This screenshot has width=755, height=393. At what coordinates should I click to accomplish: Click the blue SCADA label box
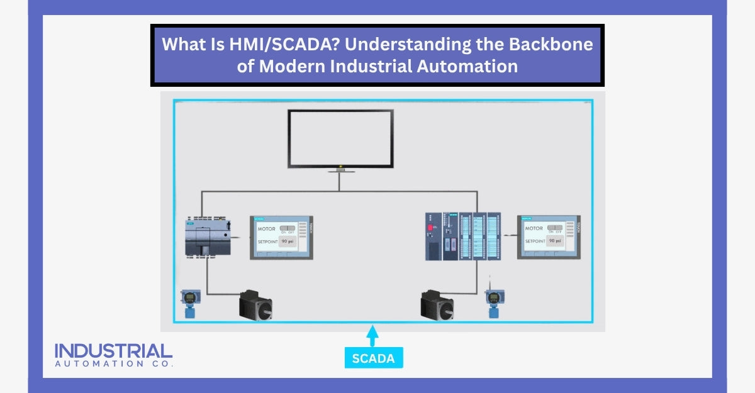click(x=374, y=358)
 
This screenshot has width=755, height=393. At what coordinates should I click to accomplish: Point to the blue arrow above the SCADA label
click(x=372, y=335)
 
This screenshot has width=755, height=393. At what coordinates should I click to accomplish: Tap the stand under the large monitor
click(x=340, y=169)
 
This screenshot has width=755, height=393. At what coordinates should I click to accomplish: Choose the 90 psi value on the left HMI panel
click(x=289, y=241)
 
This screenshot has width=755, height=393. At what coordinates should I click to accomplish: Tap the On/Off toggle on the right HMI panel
click(x=554, y=228)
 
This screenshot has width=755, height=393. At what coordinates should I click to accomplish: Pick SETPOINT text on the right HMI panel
click(x=535, y=241)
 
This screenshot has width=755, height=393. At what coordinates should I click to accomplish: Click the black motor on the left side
click(x=255, y=305)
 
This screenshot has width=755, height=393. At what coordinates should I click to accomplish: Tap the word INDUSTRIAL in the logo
click(x=113, y=351)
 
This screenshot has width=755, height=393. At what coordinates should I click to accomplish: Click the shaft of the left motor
click(x=271, y=310)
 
